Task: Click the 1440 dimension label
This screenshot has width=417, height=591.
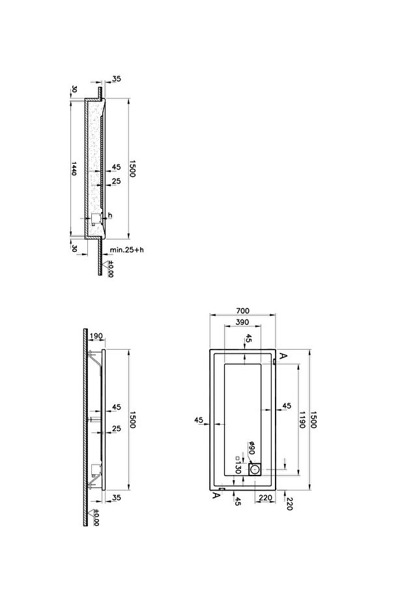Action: (74, 168)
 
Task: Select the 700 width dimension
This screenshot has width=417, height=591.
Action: (243, 311)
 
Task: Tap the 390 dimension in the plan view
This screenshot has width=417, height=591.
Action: (242, 322)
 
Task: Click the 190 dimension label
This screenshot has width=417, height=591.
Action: (96, 336)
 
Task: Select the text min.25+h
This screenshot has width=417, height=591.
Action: (127, 250)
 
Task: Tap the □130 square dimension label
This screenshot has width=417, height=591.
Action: (237, 464)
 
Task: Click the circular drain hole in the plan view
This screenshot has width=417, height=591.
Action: (255, 470)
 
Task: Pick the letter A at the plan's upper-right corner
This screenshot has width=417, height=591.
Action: (284, 356)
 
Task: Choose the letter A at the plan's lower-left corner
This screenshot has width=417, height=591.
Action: (216, 495)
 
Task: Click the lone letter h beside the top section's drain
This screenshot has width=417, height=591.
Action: (110, 215)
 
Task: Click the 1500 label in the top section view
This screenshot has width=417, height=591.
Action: (132, 168)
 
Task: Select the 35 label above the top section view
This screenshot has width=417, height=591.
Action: (117, 79)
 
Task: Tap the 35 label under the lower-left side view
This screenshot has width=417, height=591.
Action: (117, 498)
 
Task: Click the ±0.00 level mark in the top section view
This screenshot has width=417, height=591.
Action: (110, 269)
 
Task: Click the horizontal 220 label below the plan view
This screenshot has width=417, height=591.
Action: (265, 498)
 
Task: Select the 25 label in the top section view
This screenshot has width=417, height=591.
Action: (116, 181)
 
